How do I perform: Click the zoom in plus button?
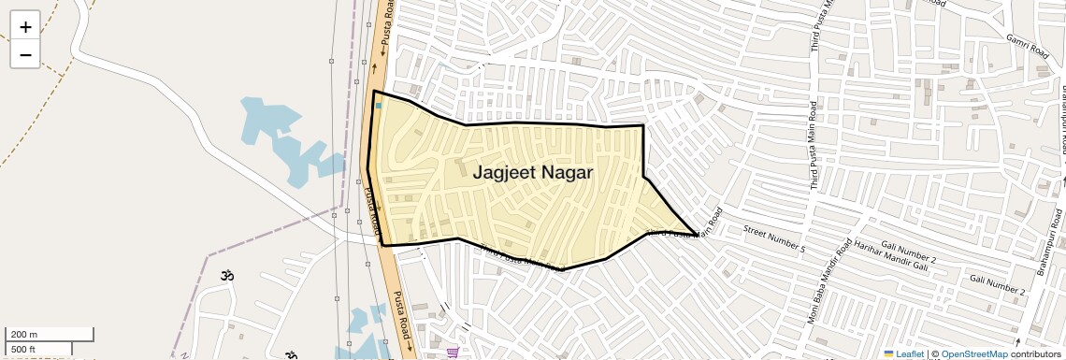25,27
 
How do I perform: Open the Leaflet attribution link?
910,353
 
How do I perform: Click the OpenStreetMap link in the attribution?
973,353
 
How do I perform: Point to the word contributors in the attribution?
1035,353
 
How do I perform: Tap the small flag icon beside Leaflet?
888,353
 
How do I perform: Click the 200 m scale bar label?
24,335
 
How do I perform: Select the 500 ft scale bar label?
23,350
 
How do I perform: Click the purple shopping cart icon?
453,353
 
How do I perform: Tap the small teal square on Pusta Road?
379,106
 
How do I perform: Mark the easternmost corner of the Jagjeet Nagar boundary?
696,234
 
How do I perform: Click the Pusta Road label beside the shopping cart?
401,315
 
